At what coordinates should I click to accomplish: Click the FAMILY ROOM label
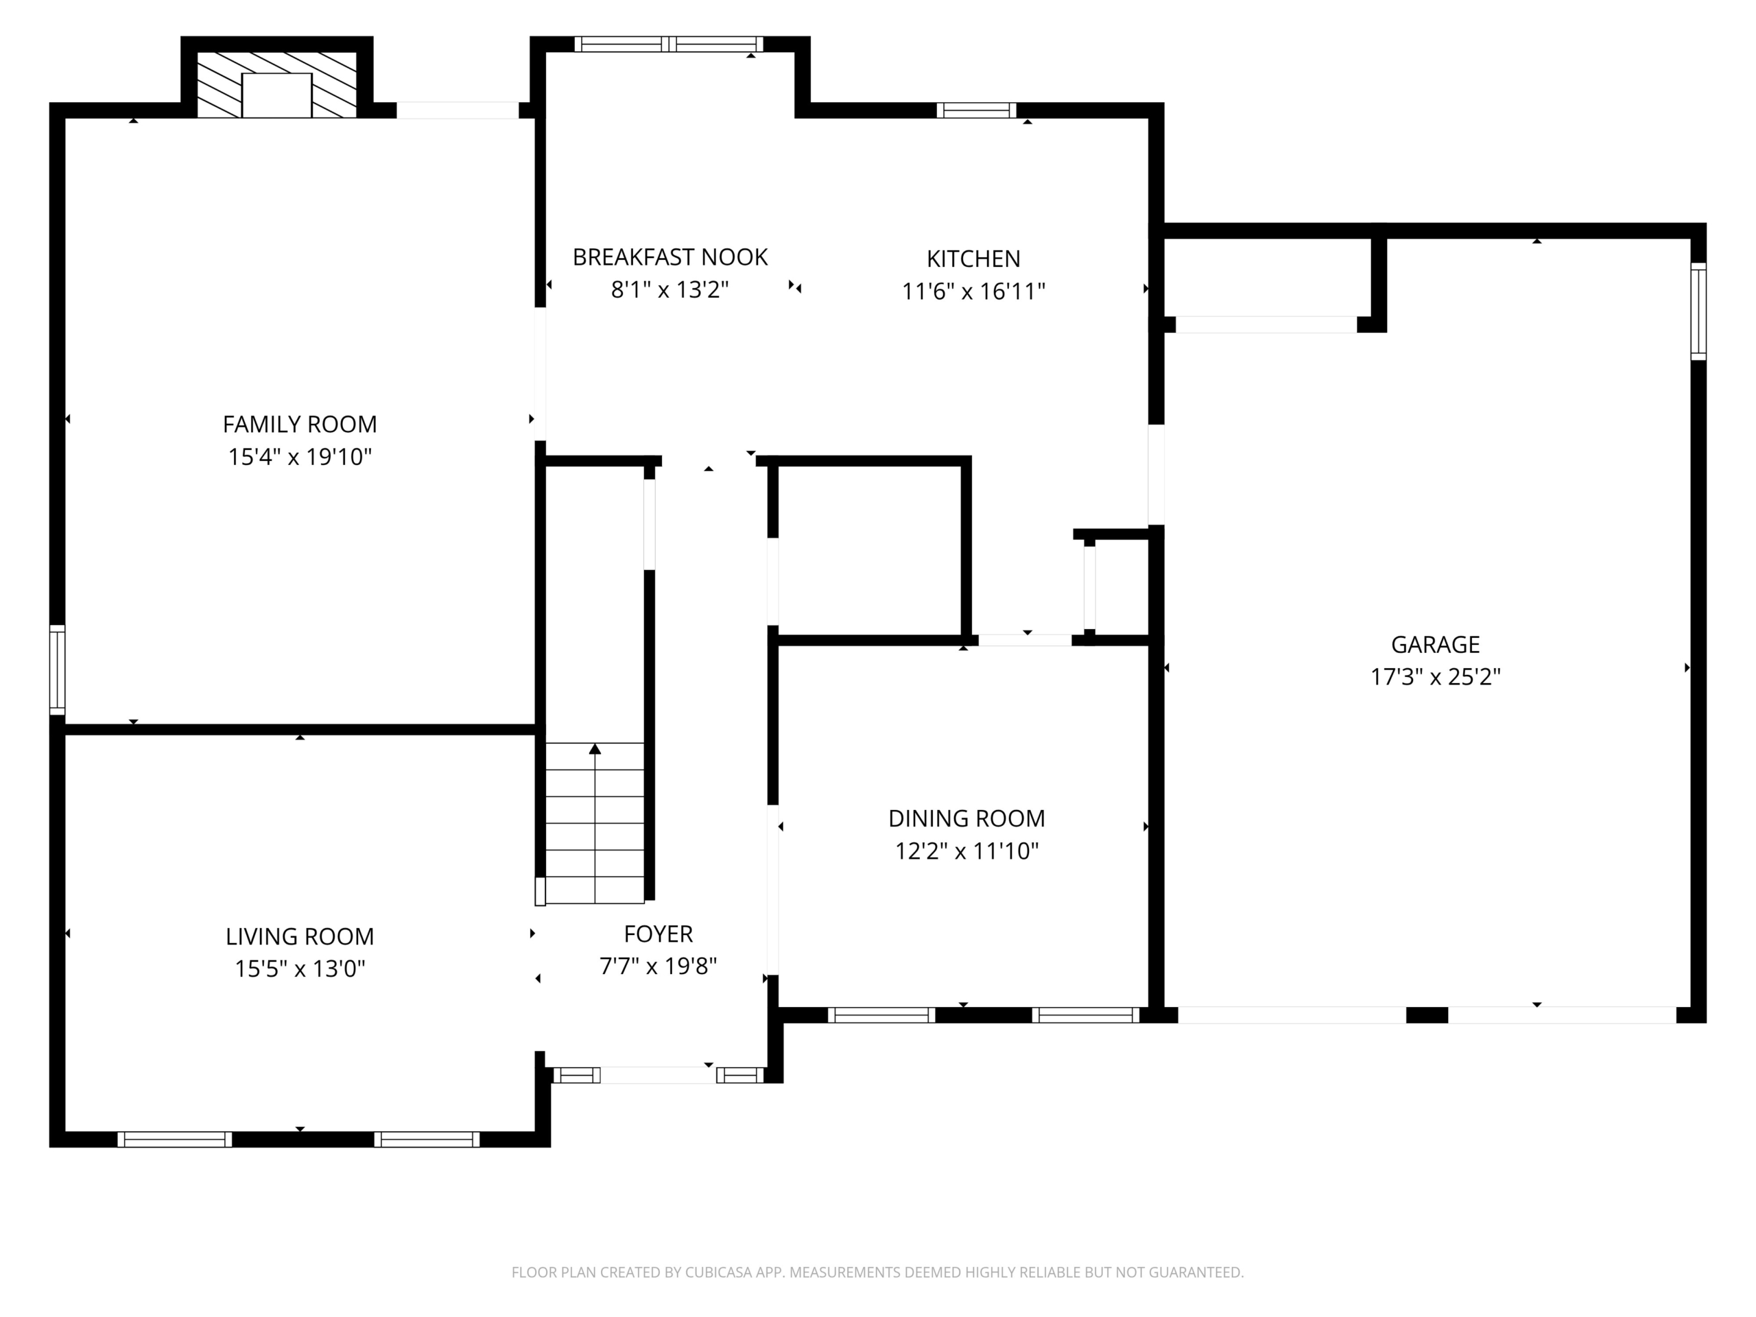(x=299, y=424)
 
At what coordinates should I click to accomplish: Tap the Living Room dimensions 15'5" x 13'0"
(x=299, y=969)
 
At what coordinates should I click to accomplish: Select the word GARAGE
(x=1435, y=644)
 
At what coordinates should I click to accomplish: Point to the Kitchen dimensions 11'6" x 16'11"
(x=973, y=292)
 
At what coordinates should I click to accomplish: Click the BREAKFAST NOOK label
(x=670, y=257)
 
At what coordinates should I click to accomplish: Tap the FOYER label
(x=658, y=934)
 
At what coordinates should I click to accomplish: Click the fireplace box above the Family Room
(x=276, y=95)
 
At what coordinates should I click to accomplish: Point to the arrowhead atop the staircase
(x=595, y=748)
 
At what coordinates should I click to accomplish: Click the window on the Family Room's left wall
(x=57, y=669)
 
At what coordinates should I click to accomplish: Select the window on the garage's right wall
(x=1698, y=311)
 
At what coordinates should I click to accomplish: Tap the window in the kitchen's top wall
(x=977, y=110)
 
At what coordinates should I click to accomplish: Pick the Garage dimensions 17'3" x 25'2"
(x=1435, y=677)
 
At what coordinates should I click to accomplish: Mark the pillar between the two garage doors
(x=1427, y=1015)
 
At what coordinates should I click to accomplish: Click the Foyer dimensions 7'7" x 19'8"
(x=658, y=966)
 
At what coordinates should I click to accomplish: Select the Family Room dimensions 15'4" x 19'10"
(x=300, y=458)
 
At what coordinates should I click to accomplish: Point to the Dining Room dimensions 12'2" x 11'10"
(x=967, y=851)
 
